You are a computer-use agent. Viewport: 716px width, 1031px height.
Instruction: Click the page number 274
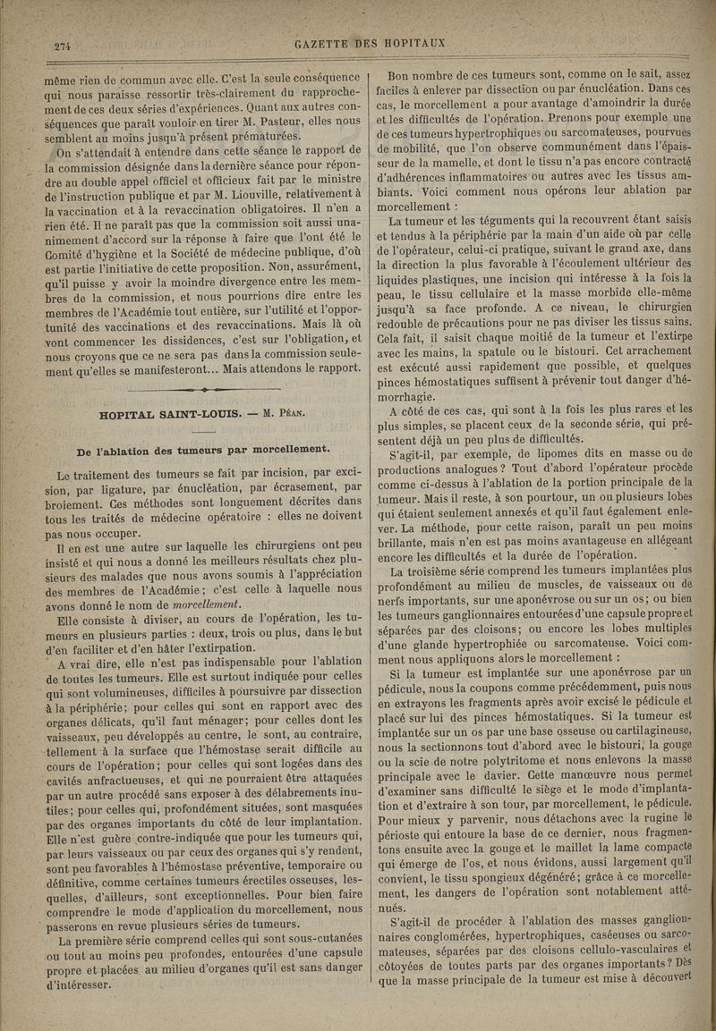point(63,48)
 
